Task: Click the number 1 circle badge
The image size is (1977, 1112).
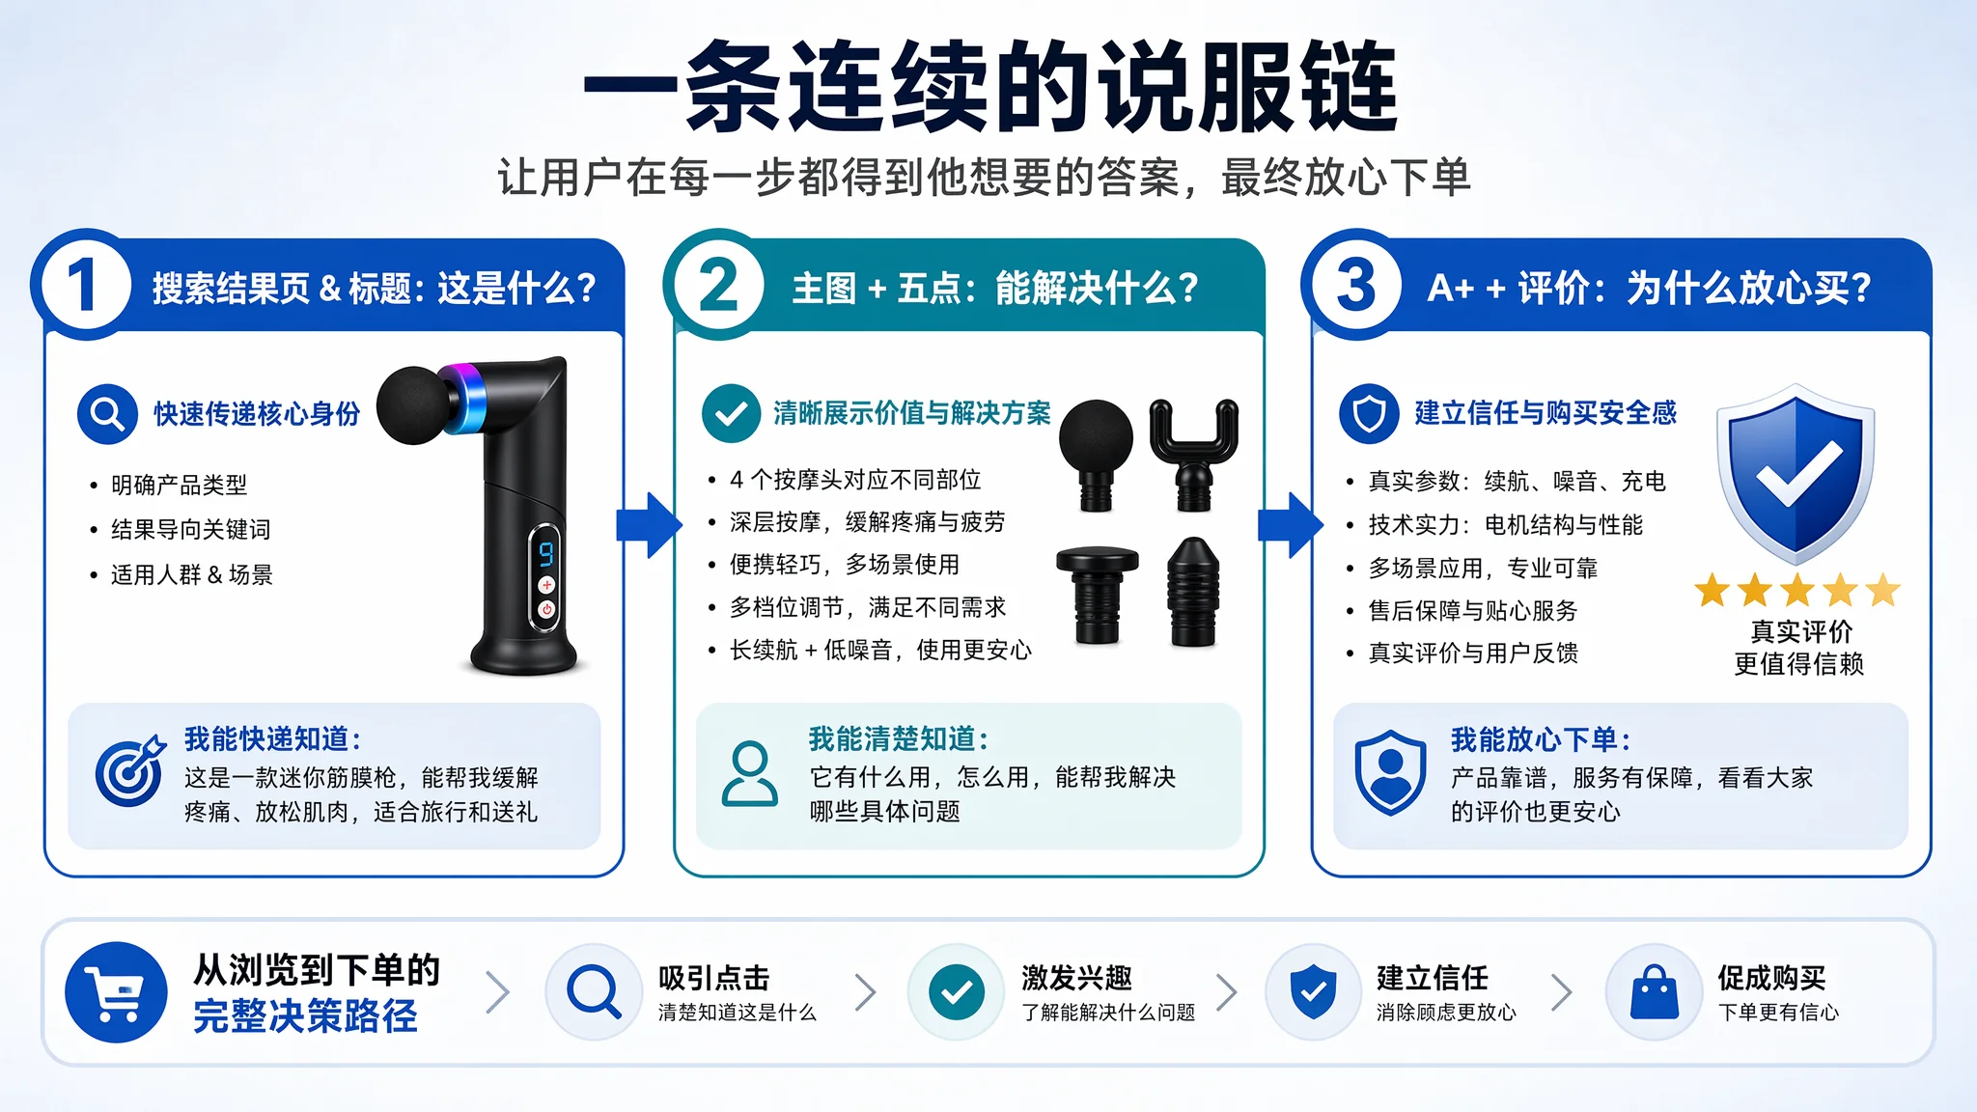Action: point(86,285)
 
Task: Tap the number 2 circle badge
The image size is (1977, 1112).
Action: point(718,285)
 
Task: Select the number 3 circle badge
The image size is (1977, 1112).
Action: point(1356,285)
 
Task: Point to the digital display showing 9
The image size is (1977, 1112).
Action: point(546,553)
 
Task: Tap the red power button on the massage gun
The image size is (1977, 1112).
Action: point(546,609)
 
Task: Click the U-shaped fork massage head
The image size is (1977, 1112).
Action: point(1193,455)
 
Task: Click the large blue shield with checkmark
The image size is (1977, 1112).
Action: point(1796,473)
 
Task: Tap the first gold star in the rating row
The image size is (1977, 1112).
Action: point(1712,590)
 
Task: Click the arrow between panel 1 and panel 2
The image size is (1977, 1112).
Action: point(649,525)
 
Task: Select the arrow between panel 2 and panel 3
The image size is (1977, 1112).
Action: point(1290,525)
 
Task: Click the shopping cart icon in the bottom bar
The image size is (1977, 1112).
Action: point(116,992)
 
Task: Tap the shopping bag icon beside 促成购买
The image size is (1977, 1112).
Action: point(1655,992)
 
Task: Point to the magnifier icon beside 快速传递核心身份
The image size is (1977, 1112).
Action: point(107,414)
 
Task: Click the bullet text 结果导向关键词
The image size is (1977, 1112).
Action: point(191,529)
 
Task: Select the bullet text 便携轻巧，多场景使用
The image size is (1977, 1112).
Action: point(845,564)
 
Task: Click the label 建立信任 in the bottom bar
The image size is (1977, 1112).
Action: point(1433,978)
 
